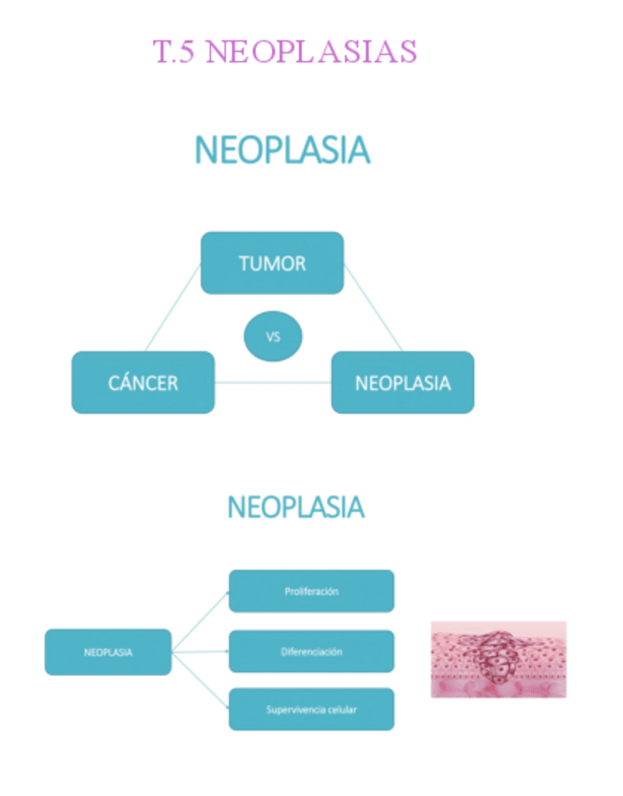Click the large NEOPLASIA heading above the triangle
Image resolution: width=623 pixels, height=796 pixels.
click(x=281, y=150)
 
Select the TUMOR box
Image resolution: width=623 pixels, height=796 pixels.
click(x=272, y=263)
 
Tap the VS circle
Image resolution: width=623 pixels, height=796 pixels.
click(x=273, y=337)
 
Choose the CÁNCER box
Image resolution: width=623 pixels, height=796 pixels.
click(x=143, y=382)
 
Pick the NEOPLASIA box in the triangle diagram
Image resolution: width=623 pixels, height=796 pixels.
click(x=403, y=382)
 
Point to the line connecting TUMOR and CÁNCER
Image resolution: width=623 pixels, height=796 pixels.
click(x=173, y=309)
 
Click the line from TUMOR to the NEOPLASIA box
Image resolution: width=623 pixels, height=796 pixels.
click(x=372, y=308)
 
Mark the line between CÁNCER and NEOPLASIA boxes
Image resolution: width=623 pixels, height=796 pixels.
click(x=272, y=382)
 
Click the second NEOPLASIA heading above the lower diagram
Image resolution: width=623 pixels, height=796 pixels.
click(x=296, y=508)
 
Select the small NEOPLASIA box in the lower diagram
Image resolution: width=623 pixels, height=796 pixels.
click(x=108, y=651)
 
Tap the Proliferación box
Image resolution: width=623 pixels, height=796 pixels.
click(x=311, y=591)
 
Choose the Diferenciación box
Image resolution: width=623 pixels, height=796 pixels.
click(x=311, y=651)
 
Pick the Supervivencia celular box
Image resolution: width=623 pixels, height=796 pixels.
click(x=311, y=710)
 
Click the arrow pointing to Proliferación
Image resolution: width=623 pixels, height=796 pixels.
click(x=201, y=620)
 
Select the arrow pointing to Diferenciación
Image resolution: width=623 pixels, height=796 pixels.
click(x=201, y=651)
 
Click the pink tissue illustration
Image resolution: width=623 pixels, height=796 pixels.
click(x=498, y=659)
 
